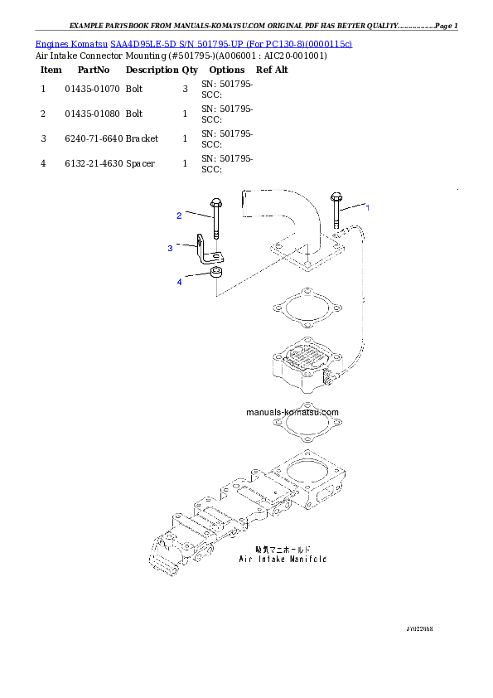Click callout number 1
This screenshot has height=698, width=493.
click(368, 207)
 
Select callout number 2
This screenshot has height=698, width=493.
click(178, 216)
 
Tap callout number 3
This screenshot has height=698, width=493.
click(170, 248)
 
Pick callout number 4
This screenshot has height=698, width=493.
click(178, 282)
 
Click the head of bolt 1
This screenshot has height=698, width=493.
click(336, 198)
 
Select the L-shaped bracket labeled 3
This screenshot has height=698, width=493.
click(202, 253)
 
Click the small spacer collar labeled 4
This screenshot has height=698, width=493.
click(215, 273)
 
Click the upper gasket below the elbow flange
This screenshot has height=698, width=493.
click(303, 308)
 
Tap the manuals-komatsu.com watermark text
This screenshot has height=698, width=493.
click(292, 412)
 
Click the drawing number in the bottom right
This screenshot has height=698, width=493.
click(419, 629)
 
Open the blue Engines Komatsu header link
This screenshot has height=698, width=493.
click(194, 43)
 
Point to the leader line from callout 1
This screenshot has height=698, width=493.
click(353, 206)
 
